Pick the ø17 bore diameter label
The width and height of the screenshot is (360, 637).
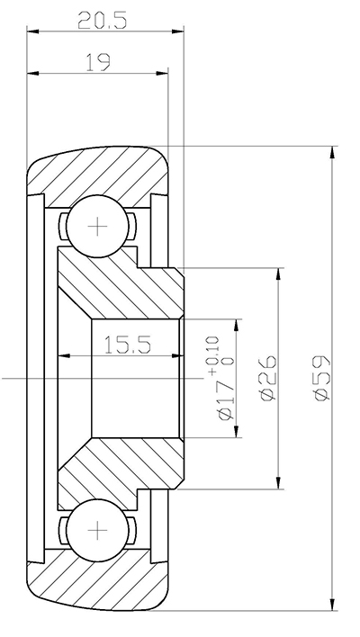(226, 401)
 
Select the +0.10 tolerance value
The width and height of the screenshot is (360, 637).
(212, 351)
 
